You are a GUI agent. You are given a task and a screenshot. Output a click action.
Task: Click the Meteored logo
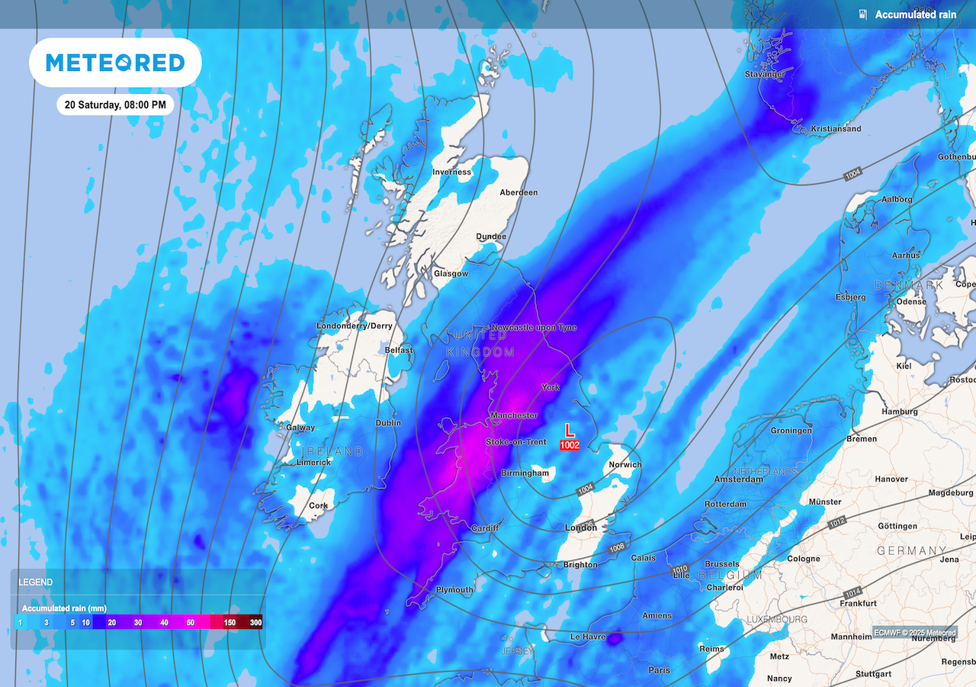[115, 63]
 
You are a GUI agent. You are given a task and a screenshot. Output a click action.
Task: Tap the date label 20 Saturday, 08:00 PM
[115, 104]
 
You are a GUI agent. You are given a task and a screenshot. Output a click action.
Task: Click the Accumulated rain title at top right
[915, 15]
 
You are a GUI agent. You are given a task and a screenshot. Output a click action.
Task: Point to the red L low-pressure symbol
[569, 431]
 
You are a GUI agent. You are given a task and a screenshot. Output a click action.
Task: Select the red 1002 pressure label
[570, 445]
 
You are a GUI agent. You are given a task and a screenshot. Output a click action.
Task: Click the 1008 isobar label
[618, 547]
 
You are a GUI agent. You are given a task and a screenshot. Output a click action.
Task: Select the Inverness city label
[451, 172]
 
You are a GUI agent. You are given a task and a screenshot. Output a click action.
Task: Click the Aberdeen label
[518, 192]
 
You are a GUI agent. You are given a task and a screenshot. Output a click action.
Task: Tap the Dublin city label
[388, 423]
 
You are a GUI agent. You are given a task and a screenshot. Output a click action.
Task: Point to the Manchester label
[514, 415]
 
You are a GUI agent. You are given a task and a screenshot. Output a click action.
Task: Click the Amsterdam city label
[738, 479]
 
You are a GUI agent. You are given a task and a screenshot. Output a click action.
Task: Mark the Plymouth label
[454, 589]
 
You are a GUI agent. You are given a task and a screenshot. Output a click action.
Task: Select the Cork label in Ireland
[318, 505]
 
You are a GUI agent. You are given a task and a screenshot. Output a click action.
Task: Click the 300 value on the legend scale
[255, 623]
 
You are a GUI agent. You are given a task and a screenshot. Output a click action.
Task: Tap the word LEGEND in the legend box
[36, 582]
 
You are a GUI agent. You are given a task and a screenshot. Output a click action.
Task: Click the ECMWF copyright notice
[914, 632]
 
